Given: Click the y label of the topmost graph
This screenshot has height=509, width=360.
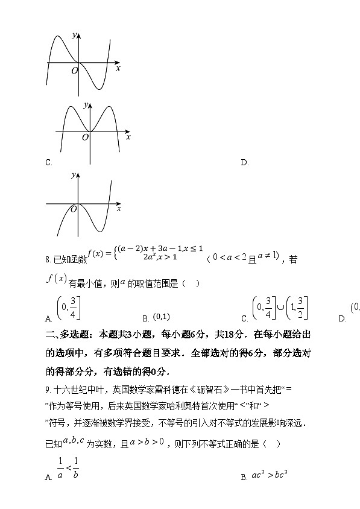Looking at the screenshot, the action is [74, 36].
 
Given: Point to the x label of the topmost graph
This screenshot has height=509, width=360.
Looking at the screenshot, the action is [118, 69].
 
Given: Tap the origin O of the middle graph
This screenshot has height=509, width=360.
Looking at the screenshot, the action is [86, 138].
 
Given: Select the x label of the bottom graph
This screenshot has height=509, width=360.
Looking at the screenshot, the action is [119, 209].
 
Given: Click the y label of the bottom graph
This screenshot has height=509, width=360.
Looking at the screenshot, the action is [73, 175].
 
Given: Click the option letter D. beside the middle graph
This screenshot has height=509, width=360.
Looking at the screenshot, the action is [244, 162].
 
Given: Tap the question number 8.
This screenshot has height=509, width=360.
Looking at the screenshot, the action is [48, 260].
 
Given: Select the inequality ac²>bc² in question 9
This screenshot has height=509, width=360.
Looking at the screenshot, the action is [267, 476].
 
